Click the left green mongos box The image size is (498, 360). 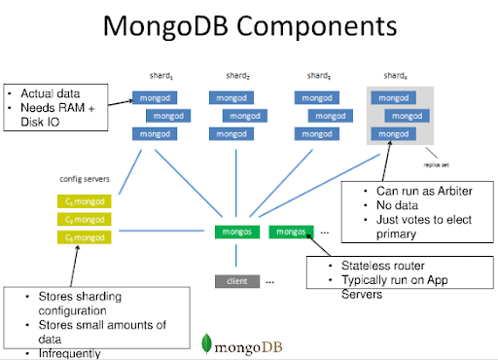[236, 232]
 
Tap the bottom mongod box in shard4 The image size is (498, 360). [394, 133]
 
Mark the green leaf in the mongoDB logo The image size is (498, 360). [207, 342]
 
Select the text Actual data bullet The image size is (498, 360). [50, 93]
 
